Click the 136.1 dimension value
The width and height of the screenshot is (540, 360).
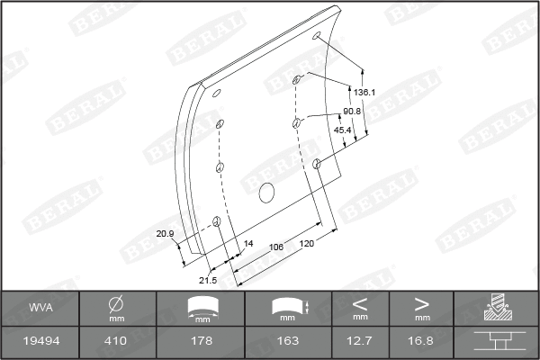364,93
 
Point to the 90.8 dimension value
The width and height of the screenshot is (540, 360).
353,111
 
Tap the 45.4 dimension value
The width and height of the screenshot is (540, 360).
343,130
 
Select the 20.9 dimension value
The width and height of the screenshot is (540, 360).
166,234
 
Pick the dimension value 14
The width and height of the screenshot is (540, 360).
249,244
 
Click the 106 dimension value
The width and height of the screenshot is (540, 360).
276,247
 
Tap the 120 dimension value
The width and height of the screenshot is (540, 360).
308,244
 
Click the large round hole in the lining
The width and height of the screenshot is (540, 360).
266,192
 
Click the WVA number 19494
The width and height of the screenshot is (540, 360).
40,342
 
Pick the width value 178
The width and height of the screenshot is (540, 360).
202,342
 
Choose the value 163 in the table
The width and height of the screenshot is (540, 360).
288,342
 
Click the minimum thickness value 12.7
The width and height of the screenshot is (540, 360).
360,342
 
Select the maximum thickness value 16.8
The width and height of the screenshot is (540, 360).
421,342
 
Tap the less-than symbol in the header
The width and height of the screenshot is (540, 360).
360,302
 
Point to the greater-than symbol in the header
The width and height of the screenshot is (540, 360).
421,302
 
